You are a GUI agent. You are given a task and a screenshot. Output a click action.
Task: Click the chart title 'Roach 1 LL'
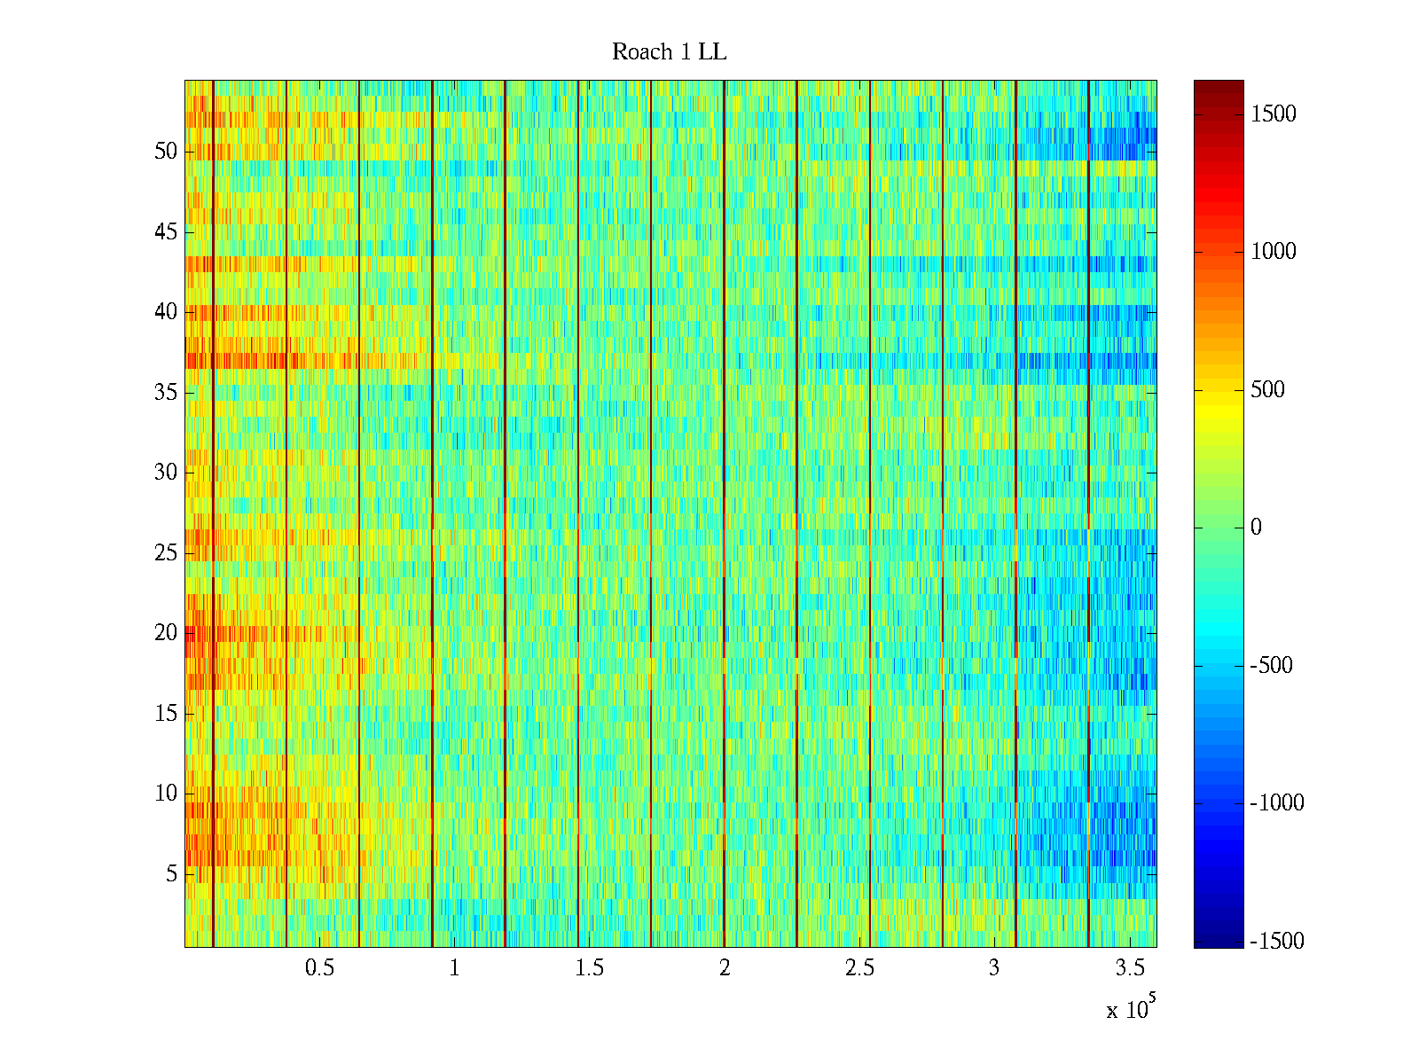[669, 52]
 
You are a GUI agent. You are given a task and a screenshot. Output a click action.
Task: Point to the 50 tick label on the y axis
[166, 151]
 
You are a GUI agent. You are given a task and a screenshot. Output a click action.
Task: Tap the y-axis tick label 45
[166, 231]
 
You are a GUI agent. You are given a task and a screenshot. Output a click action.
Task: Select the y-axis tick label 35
[166, 392]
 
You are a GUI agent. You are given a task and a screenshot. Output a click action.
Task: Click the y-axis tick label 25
[166, 552]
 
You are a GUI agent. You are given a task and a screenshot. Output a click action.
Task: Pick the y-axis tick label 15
[166, 713]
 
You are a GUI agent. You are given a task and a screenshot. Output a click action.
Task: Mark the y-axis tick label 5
[171, 873]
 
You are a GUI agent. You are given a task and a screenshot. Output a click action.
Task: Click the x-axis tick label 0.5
[319, 968]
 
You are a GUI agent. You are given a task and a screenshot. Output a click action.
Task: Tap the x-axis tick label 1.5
[589, 968]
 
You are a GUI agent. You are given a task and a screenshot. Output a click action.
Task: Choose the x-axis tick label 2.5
[858, 968]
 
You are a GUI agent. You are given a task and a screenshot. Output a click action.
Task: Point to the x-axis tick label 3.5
[1129, 968]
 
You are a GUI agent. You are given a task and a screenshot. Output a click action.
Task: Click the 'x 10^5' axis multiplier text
[1131, 1009]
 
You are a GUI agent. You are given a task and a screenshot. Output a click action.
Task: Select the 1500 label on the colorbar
[1273, 113]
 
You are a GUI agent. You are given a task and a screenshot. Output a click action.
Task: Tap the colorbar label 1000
[1273, 251]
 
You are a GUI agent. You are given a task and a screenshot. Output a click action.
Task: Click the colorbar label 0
[1256, 528]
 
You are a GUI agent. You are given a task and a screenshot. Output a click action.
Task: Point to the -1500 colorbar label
[1277, 941]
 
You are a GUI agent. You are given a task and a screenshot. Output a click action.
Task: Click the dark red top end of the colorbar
[1219, 85]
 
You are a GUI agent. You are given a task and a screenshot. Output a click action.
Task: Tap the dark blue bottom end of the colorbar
[1219, 943]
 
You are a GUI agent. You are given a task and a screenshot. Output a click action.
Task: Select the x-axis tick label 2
[725, 968]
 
